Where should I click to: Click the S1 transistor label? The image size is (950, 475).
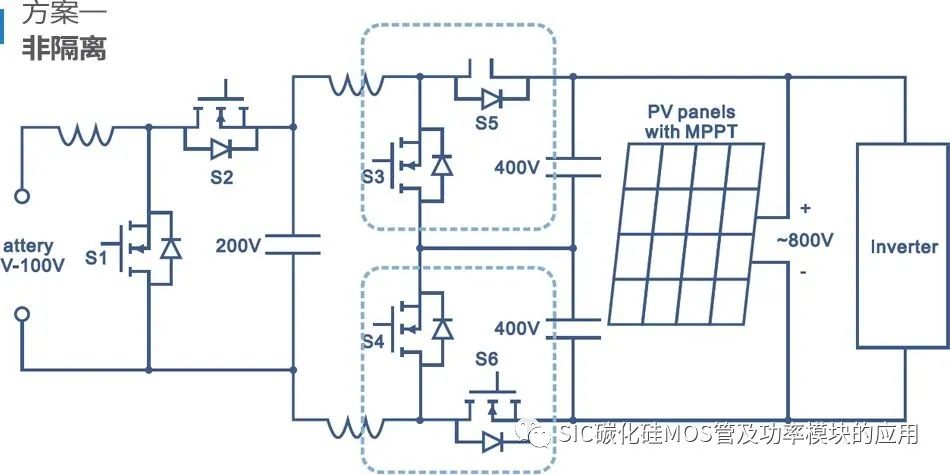[x=96, y=257]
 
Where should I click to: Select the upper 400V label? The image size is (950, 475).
[x=517, y=167]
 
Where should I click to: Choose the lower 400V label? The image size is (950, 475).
[x=517, y=327]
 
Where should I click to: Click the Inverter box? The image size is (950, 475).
[x=903, y=246]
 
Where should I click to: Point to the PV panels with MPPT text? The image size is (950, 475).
[x=692, y=120]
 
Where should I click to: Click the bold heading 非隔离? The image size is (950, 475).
[x=64, y=49]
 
